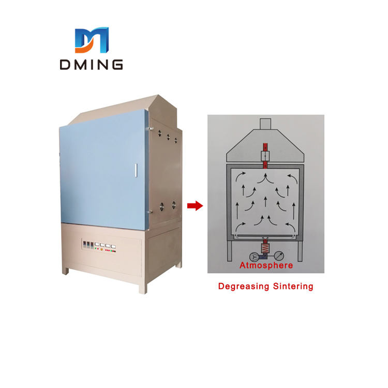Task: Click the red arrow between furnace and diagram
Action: pyautogui.click(x=194, y=206)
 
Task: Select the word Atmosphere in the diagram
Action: pyautogui.click(x=266, y=265)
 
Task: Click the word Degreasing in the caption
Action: pyautogui.click(x=241, y=286)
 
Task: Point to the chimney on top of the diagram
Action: pyautogui.click(x=265, y=124)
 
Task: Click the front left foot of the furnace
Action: pyautogui.click(x=65, y=270)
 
